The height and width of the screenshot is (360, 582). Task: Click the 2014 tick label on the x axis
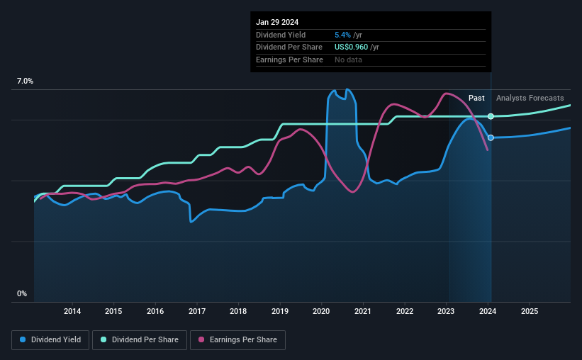tap(72, 311)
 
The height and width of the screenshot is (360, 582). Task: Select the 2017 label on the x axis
tap(197, 311)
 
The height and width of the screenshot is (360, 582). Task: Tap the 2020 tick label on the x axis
tap(322, 311)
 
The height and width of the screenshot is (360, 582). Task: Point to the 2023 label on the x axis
tap(447, 311)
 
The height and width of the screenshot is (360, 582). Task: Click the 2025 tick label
tap(530, 311)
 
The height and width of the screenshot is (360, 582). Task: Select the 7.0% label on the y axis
tap(25, 81)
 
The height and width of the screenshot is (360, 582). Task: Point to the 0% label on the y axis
tap(21, 293)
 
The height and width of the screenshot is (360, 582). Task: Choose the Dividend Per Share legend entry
tap(141, 340)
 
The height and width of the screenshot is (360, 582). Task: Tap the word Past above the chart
tap(476, 98)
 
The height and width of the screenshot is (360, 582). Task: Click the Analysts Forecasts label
tap(530, 98)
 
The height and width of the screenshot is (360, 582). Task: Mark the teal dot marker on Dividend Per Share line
tap(491, 116)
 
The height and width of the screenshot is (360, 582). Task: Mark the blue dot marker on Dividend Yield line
tap(491, 137)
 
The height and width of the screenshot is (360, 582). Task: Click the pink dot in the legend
tap(201, 340)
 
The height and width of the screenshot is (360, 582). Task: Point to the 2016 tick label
tap(155, 311)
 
